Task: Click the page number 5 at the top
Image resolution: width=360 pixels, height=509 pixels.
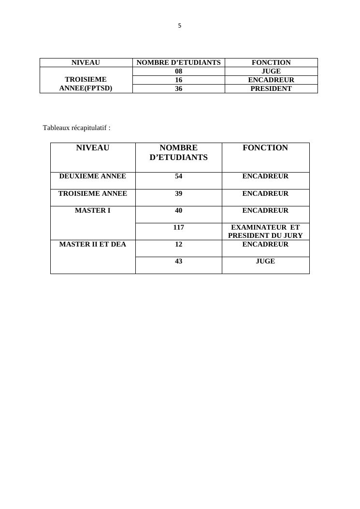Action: tap(180, 26)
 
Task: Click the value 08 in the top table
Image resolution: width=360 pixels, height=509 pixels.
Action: tap(178, 71)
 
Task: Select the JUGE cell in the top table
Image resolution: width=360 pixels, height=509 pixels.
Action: tap(271, 71)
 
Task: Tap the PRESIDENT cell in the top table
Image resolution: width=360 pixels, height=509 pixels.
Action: tap(271, 88)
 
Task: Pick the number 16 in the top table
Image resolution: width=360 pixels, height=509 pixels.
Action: tap(178, 80)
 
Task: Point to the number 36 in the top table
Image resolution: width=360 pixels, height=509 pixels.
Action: tap(178, 88)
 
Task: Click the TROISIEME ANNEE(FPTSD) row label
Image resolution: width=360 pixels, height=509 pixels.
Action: tap(86, 84)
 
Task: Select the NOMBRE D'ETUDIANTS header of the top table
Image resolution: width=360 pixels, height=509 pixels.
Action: tap(178, 62)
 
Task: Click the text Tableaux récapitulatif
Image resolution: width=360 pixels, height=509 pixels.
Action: tap(76, 128)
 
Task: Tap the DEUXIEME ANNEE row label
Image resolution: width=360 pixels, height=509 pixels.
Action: tap(93, 176)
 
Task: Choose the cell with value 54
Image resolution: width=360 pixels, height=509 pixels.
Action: tap(179, 176)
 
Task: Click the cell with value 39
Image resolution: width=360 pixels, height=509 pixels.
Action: tap(179, 193)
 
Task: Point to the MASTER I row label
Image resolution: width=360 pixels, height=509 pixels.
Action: tap(93, 210)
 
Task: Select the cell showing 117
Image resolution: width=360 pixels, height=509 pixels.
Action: tap(179, 227)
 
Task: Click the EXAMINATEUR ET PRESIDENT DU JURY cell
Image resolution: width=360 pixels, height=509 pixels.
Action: tap(265, 232)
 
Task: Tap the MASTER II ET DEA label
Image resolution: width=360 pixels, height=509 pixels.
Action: tap(93, 244)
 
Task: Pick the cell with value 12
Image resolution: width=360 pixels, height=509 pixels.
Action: tap(179, 244)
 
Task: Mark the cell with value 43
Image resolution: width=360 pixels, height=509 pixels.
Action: tap(179, 261)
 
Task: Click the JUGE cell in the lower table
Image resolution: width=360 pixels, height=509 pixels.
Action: tap(265, 261)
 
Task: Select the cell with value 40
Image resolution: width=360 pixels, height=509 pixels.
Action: tap(179, 210)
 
